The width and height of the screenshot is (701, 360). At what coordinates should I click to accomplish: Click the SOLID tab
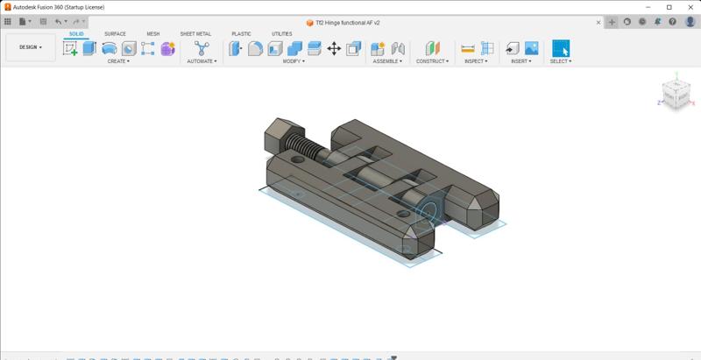coord(76,34)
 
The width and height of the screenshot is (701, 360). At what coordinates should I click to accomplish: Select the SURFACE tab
coord(115,34)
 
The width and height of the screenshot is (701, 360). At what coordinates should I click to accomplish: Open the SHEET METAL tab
coord(195,34)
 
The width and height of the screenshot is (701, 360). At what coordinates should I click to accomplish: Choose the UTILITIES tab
coord(281,34)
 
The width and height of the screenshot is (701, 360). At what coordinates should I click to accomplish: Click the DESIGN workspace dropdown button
coord(30,47)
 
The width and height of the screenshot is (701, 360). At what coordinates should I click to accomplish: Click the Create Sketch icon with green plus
coord(70,49)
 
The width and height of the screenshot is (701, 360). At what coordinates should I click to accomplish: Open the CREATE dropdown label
coord(117,61)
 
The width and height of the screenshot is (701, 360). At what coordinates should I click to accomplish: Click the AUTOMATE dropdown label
coord(202,61)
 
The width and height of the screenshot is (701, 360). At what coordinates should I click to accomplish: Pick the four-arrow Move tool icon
coord(334,49)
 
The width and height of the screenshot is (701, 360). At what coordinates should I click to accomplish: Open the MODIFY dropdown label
coord(294,61)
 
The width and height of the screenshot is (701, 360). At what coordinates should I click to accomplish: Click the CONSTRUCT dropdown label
coord(432,61)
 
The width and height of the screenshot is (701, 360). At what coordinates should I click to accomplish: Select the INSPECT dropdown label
coord(477,61)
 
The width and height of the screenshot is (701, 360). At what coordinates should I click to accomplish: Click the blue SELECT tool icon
coord(561,48)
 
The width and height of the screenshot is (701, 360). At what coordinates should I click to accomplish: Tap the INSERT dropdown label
coord(521,61)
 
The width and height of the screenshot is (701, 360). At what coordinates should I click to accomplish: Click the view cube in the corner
coord(675,93)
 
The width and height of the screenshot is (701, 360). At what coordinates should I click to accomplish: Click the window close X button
coord(689,7)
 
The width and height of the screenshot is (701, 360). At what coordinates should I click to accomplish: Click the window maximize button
coord(669,7)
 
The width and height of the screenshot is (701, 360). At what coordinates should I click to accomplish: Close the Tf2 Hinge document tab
coord(598,22)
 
